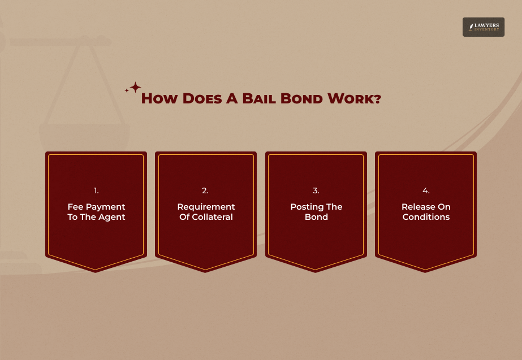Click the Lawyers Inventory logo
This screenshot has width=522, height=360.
483,27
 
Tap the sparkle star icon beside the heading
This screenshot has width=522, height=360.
135,88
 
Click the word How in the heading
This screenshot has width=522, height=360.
161,99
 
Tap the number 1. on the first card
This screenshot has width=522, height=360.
96,191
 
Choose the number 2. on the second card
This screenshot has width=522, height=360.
206,191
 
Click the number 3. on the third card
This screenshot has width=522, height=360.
316,191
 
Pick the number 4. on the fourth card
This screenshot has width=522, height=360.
426,191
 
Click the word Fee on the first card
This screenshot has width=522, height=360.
76,207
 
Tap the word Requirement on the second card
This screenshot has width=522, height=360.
206,207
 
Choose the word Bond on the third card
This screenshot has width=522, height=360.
316,217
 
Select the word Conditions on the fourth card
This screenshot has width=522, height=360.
426,217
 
